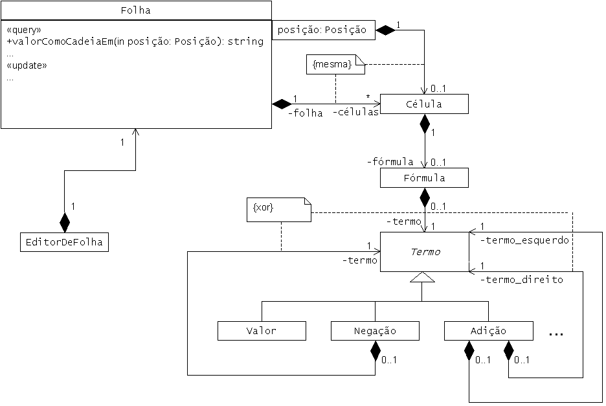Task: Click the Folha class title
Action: coord(136,10)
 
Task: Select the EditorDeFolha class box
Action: coord(64,242)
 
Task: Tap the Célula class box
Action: coord(424,104)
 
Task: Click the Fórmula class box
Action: coord(424,177)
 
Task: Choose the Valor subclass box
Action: coord(262,331)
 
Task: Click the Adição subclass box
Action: coord(488,331)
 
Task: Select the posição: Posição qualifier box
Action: coord(322,30)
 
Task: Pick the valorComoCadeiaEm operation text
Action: coord(135,42)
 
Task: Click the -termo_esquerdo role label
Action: coord(524,240)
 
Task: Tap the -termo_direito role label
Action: coord(521,280)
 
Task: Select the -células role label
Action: coord(356,113)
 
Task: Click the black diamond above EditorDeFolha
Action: coord(64,222)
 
